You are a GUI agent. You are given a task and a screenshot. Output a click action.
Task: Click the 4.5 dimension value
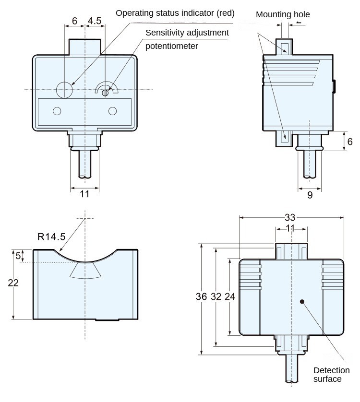pos(94,21)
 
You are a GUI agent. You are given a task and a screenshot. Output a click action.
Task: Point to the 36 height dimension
pos(201,297)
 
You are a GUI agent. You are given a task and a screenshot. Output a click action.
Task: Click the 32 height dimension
pos(216,297)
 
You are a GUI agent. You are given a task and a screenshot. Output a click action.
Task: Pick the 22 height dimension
pos(13,283)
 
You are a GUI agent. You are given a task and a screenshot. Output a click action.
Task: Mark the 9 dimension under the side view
pos(310,195)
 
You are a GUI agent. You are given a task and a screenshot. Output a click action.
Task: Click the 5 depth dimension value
pos(18,256)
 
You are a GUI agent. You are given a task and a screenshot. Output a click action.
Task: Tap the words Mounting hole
pos(283,14)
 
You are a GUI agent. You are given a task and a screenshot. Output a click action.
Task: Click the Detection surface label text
pos(331,375)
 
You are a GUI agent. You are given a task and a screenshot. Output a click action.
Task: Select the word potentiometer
pos(172,46)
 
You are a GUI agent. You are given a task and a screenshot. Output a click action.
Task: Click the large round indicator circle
pos(64,89)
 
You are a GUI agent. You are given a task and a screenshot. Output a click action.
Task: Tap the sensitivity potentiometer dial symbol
pos(106,90)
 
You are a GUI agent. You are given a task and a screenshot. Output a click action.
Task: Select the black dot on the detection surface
pos(302,302)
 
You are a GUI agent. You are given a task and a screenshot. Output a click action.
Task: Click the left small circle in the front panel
pos(57,111)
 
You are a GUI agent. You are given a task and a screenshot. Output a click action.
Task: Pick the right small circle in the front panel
pos(113,111)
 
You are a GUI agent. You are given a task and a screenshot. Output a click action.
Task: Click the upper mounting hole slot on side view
pos(285,47)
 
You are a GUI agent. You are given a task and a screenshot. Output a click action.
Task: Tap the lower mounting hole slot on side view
pos(285,136)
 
